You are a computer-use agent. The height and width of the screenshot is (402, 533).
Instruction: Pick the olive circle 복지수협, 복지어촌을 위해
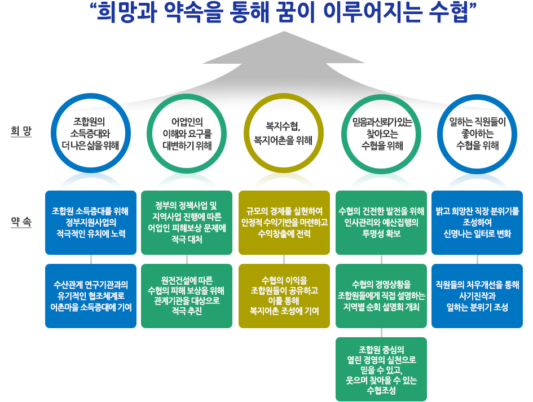284,133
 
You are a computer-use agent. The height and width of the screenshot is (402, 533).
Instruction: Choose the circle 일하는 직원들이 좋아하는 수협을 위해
477,133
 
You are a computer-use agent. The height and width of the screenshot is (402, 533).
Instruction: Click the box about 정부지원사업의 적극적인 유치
90,223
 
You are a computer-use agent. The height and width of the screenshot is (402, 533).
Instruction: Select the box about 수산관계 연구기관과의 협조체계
90,295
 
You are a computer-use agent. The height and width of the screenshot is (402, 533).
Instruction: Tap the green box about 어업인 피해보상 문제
187,223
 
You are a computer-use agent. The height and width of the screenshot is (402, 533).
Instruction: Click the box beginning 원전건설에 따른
187,295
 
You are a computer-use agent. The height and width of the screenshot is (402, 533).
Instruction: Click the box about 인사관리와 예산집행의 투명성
381,223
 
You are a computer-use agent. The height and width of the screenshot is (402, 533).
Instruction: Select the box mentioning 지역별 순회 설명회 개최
381,295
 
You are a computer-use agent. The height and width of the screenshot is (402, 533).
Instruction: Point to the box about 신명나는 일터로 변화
477,223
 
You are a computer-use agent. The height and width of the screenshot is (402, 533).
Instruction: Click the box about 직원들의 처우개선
477,295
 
